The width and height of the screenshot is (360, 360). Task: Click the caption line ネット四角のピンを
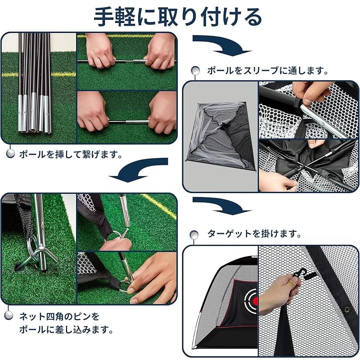click(58, 316)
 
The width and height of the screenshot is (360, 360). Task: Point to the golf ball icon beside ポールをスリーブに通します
click(195, 71)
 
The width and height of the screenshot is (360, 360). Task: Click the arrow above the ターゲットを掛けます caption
click(220, 205)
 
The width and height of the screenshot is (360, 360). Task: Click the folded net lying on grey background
click(220, 135)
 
